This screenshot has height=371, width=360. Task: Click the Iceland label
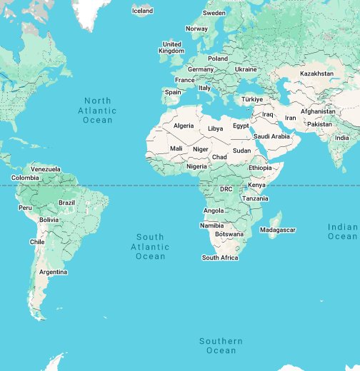click(143, 11)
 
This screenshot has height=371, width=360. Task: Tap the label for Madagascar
click(277, 230)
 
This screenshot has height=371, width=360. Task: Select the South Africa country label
click(220, 258)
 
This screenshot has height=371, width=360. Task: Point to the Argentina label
click(54, 272)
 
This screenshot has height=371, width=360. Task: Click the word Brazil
click(66, 203)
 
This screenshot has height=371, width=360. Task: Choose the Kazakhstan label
click(316, 73)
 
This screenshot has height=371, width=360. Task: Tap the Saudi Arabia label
click(271, 136)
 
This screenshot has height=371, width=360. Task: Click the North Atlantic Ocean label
click(98, 111)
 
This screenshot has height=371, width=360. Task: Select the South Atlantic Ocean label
click(151, 246)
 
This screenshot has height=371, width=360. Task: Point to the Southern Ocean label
click(221, 346)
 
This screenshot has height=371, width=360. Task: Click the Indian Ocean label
click(343, 231)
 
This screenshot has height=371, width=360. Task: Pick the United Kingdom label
click(171, 48)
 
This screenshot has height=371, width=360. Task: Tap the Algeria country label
click(184, 126)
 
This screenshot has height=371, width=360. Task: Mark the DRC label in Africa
click(226, 189)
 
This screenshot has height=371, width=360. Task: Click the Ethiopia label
click(260, 167)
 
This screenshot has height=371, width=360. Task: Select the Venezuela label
click(46, 169)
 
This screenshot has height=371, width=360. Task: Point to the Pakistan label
click(319, 124)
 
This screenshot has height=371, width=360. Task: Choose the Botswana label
click(229, 234)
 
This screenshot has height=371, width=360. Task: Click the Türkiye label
click(252, 99)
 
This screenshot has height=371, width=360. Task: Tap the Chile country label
click(37, 242)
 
